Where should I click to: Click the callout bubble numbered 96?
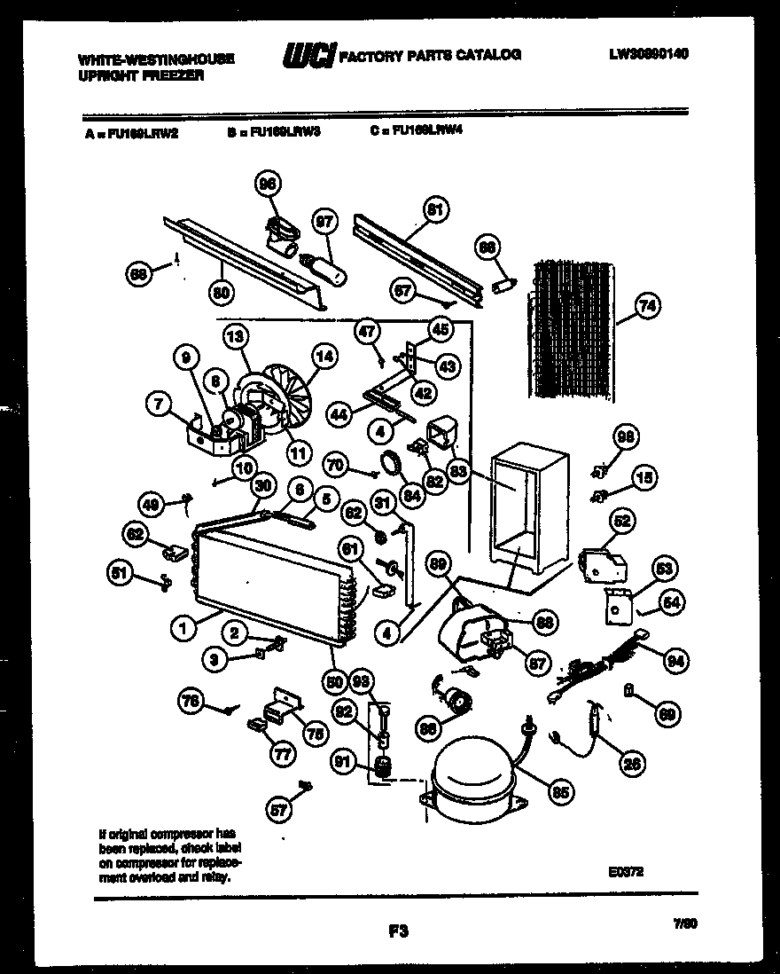coord(266,184)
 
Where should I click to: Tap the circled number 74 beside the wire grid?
coord(648,307)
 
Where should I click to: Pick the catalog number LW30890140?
coord(649,54)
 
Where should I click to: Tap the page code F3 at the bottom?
coord(397,931)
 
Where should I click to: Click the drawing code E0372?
coord(626,872)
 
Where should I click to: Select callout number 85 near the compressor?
coord(561,793)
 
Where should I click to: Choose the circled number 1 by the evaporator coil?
coord(183,628)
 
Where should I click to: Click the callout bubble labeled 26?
coord(633,762)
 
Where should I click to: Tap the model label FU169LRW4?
coord(417,130)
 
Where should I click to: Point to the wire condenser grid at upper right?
coord(572,328)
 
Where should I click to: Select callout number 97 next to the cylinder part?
coord(326,222)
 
